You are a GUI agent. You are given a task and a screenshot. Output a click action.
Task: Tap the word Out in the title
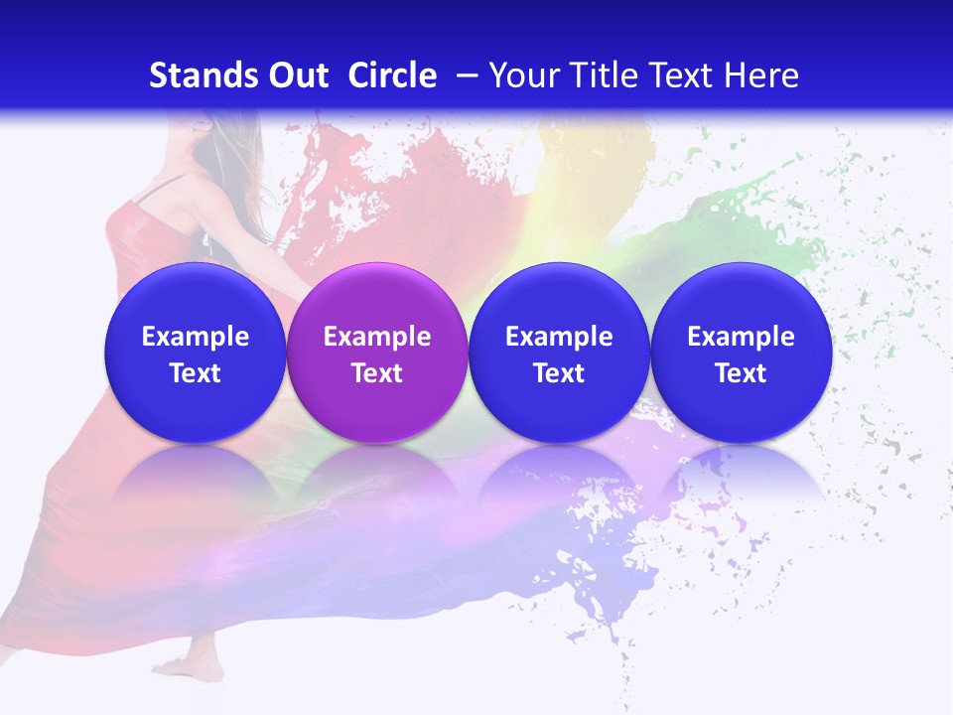(x=296, y=75)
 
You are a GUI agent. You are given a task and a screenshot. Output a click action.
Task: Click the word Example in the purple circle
(x=377, y=337)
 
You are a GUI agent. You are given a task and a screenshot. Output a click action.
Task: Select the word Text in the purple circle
(x=377, y=373)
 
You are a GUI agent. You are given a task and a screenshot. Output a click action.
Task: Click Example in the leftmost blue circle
(x=195, y=337)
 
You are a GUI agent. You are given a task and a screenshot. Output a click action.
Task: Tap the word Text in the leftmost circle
(x=195, y=373)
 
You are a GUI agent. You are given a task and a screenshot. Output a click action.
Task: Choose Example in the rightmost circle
(x=741, y=337)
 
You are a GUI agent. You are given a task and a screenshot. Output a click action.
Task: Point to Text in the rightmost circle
(x=741, y=373)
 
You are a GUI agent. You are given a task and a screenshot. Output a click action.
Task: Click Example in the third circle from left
(x=559, y=337)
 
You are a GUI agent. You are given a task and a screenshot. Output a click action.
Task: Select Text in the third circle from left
(x=559, y=373)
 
